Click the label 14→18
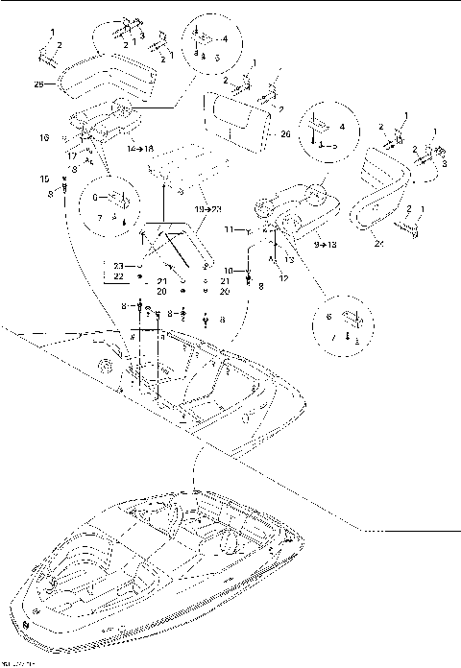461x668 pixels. tap(141, 151)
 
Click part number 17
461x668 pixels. tap(71, 155)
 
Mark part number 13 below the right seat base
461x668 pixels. tap(289, 259)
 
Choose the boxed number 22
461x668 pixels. tap(119, 276)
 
